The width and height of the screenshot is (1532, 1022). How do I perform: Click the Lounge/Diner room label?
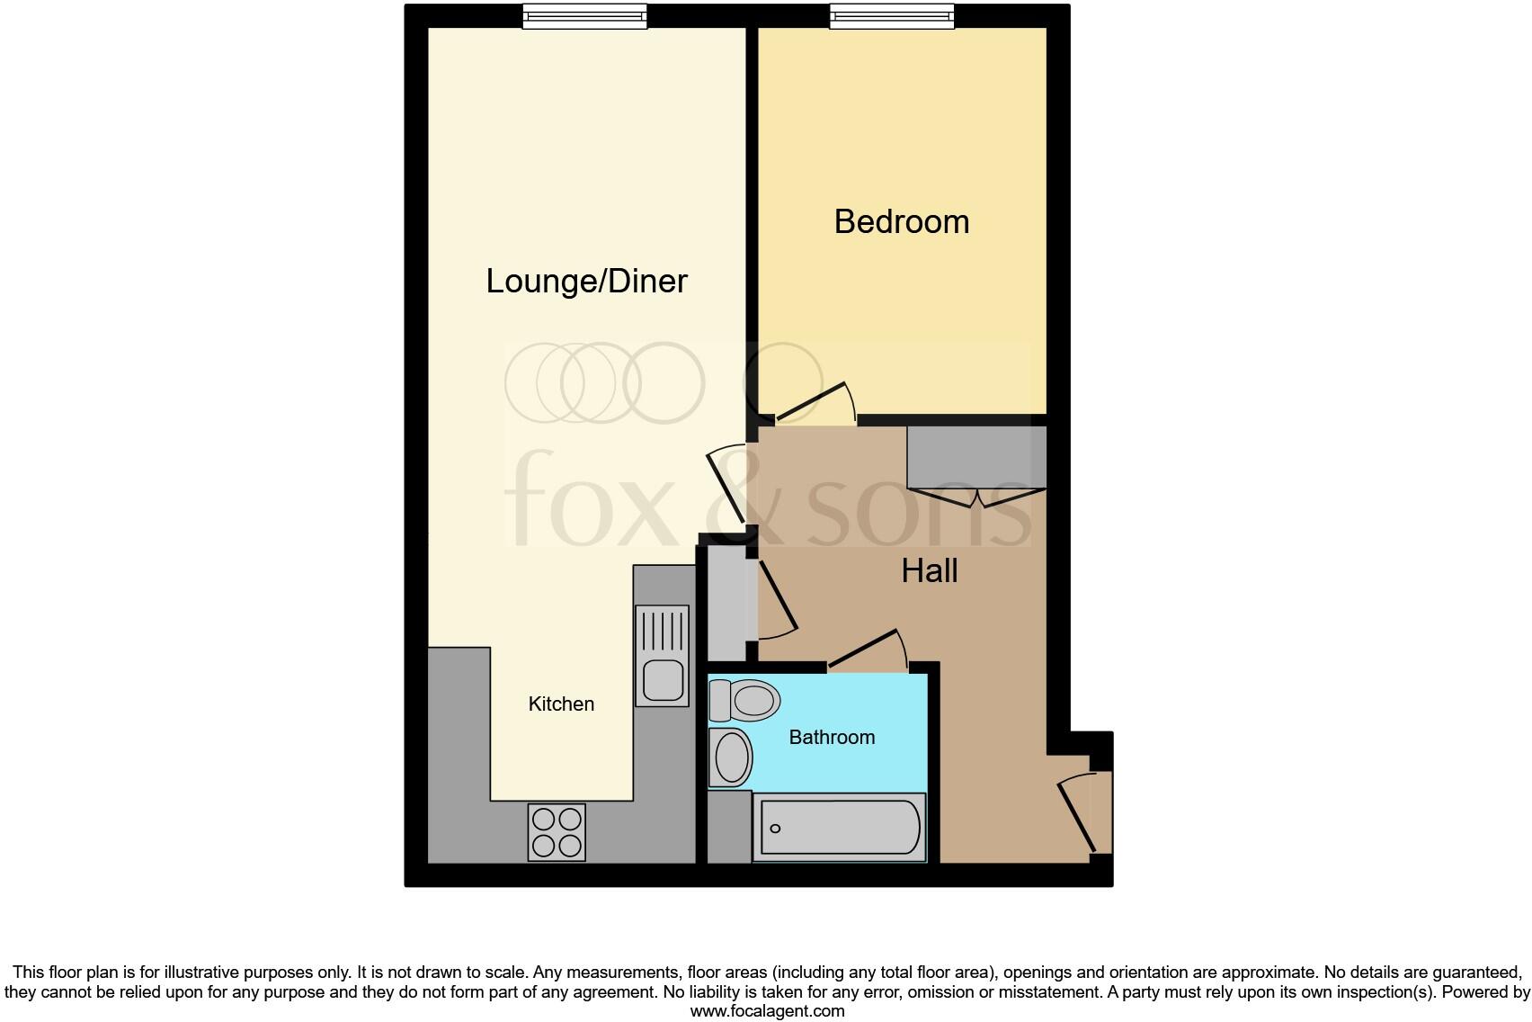click(586, 282)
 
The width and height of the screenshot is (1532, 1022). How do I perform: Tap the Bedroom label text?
click(901, 222)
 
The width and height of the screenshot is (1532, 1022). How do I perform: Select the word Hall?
click(929, 571)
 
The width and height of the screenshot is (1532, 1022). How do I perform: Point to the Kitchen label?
click(561, 704)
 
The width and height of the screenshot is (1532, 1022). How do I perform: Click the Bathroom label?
click(832, 738)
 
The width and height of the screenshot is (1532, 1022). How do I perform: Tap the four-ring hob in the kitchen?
click(556, 832)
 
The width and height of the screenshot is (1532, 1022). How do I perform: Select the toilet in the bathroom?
click(745, 701)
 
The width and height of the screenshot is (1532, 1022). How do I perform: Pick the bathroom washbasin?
click(732, 758)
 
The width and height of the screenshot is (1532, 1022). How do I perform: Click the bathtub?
click(839, 827)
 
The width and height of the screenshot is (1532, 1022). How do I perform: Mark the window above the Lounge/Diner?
click(584, 16)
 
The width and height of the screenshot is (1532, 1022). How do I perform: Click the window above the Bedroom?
click(891, 16)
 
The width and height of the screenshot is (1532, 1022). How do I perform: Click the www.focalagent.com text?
click(767, 1011)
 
